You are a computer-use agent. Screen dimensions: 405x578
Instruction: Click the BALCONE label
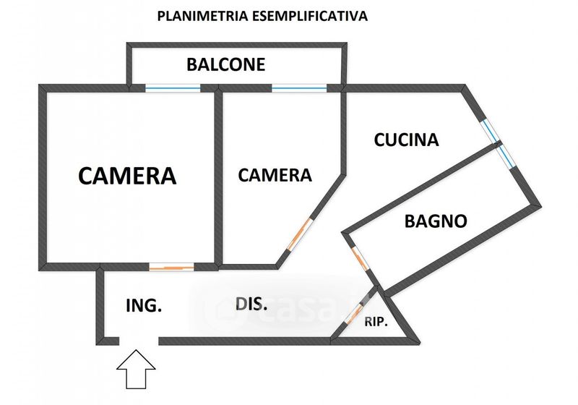(226, 64)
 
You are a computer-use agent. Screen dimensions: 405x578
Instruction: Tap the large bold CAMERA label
(127, 175)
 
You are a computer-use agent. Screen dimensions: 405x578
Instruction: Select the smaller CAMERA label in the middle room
(275, 175)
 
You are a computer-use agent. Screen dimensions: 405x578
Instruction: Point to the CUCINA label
(406, 140)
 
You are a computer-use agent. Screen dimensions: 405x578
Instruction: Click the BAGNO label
(435, 221)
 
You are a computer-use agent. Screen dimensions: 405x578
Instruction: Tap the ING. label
(143, 305)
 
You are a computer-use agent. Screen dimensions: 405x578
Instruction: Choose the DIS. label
(251, 304)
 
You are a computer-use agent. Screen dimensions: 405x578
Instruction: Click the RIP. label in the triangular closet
(376, 323)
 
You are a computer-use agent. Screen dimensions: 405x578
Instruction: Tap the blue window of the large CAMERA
(172, 88)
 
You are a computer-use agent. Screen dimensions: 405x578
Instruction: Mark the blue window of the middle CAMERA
(298, 88)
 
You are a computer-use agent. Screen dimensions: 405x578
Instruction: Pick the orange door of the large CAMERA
(171, 268)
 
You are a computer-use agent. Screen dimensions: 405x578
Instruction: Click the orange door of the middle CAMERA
(299, 233)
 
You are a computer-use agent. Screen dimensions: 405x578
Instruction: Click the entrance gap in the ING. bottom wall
(138, 340)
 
